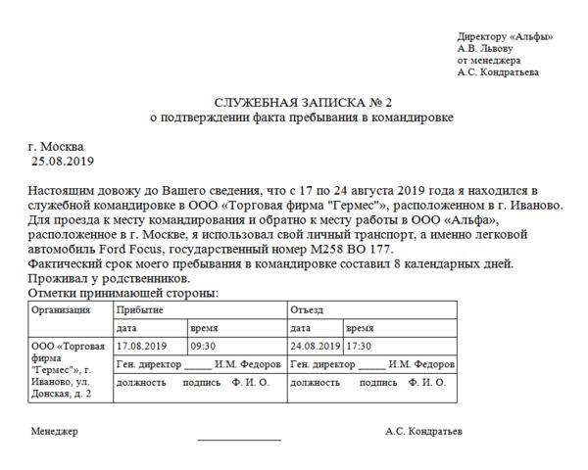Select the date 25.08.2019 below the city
coord(64,160)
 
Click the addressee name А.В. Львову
coord(484,48)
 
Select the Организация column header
coord(62,310)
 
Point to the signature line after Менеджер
coord(239,438)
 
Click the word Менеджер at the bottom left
coord(54,432)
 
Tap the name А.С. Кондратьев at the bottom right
coord(424,432)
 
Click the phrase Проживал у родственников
coord(92,279)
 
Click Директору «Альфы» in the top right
coord(505,36)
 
